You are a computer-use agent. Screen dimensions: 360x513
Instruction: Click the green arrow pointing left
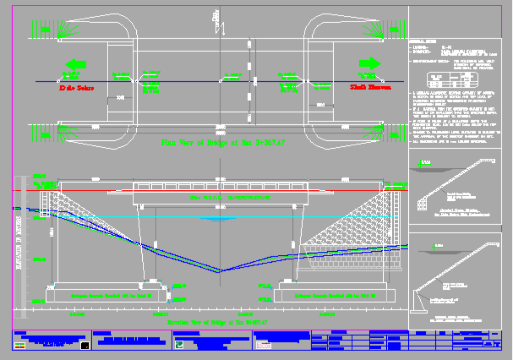pos(76,64)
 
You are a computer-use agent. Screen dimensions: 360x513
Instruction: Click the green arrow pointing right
pos(370,64)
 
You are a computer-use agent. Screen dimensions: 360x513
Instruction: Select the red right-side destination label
pos(371,88)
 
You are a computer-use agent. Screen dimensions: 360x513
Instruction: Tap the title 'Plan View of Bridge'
pos(223,143)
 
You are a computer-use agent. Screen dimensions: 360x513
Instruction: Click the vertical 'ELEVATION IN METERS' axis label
pos(20,243)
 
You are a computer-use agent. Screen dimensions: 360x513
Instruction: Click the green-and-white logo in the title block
pos(179,345)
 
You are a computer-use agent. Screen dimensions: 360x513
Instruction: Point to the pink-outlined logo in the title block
pos(264,345)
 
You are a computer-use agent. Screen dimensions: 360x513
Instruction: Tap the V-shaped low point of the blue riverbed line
pos(219,271)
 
